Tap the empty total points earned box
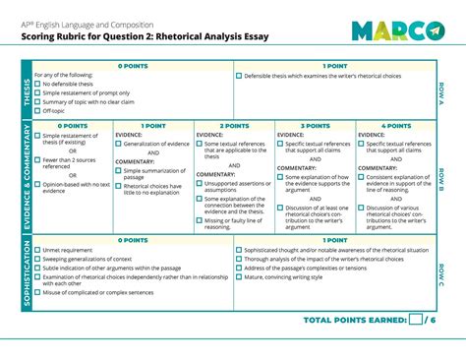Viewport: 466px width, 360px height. click(416, 320)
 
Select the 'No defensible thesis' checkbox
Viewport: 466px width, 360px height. click(37, 85)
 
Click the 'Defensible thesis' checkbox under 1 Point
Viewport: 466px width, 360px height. click(239, 76)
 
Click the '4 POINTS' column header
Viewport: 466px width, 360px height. click(395, 126)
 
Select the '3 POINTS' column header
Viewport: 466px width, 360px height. click(315, 126)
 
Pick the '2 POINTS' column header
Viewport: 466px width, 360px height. click(234, 126)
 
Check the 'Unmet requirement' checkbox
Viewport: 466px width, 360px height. click(37, 250)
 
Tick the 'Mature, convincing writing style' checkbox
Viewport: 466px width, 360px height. click(239, 276)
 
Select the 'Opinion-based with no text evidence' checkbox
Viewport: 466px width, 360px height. click(37, 184)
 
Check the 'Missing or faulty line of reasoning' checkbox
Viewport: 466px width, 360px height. click(200, 221)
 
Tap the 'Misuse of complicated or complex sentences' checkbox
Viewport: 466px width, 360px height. click(37, 292)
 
